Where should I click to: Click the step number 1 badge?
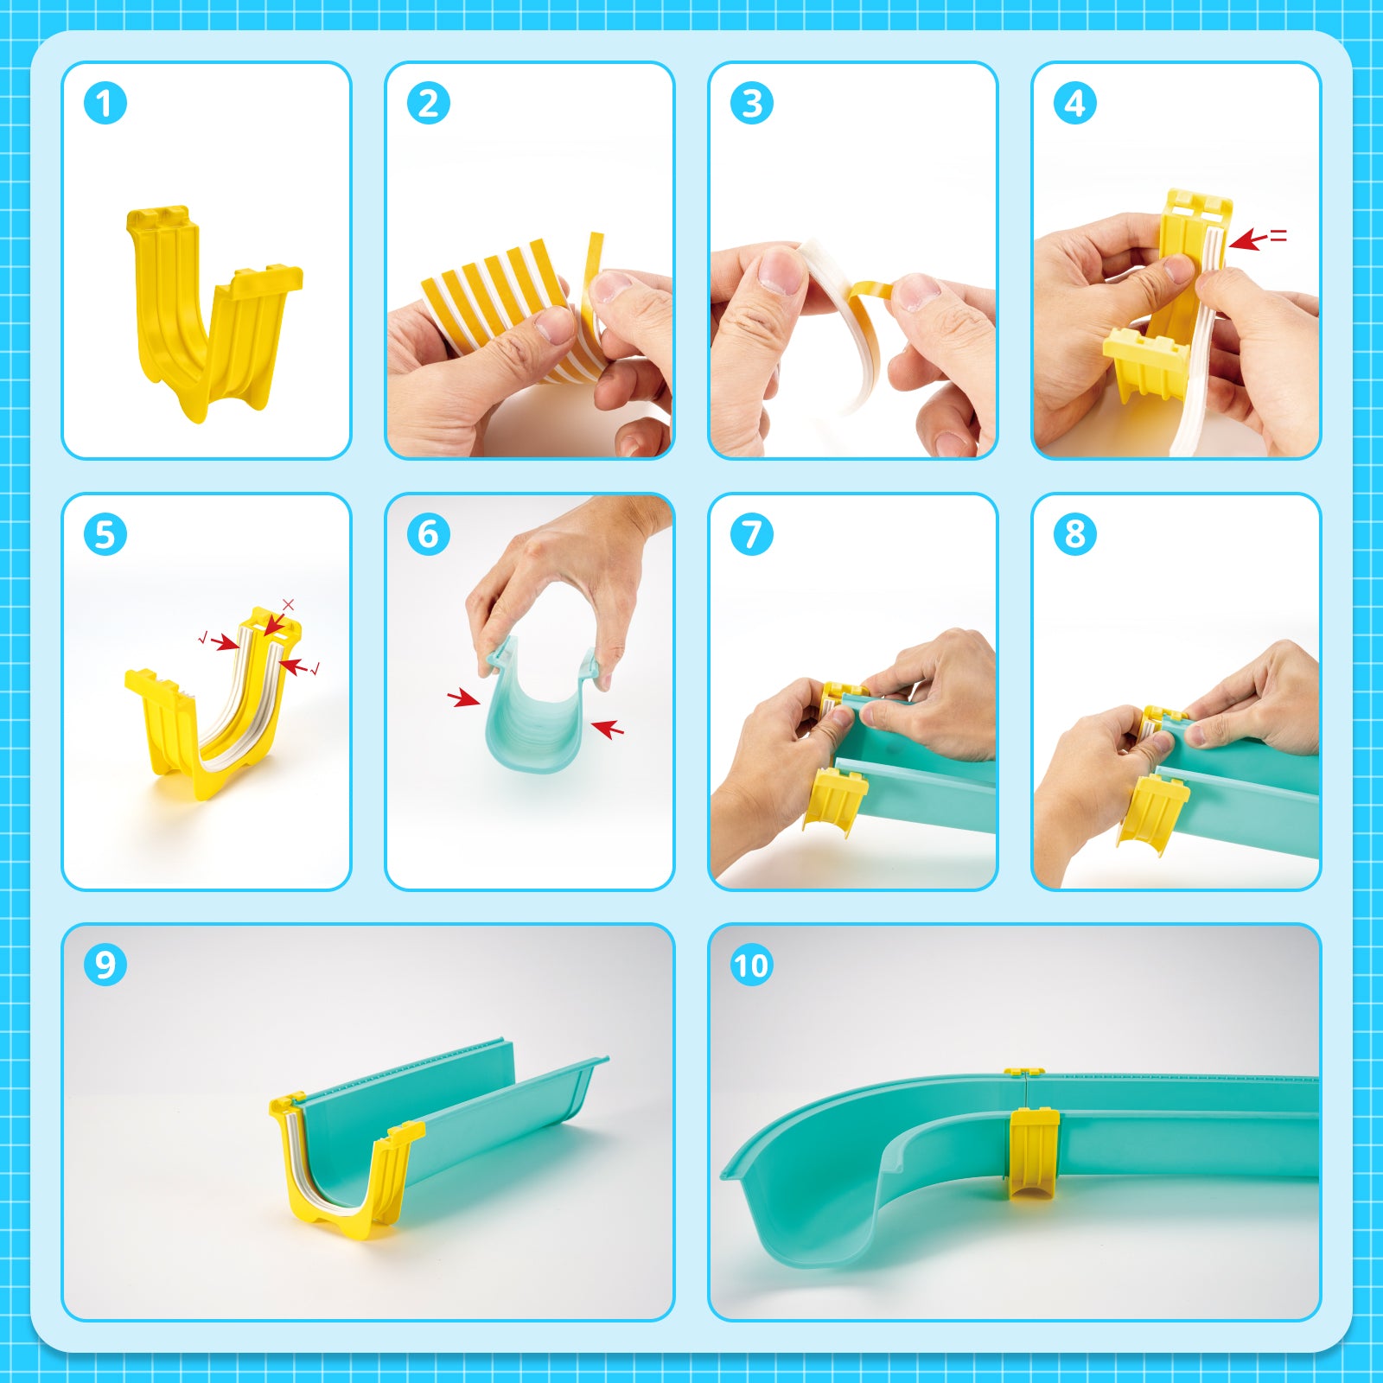(x=105, y=104)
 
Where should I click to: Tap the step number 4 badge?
(x=1075, y=104)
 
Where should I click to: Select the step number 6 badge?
(x=429, y=534)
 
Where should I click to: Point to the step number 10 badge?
(x=751, y=965)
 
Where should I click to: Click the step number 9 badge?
(x=105, y=965)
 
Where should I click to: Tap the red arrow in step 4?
(x=1247, y=240)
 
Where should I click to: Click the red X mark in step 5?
(x=289, y=605)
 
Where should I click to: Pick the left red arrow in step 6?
(x=464, y=698)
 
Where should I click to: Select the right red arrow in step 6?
(x=608, y=729)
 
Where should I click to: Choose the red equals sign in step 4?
(x=1278, y=235)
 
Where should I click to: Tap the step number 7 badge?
(x=752, y=534)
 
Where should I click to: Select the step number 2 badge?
(x=429, y=104)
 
